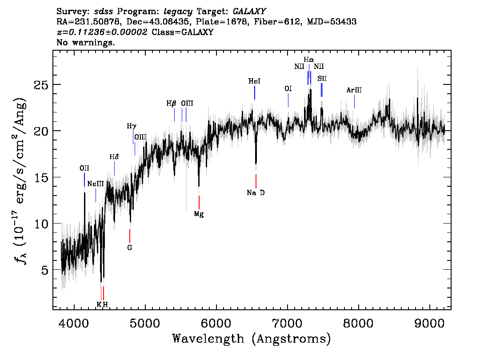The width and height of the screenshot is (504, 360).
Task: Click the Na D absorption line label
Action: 256,193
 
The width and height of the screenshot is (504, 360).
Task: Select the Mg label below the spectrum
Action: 199,214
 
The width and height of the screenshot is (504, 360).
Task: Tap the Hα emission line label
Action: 309,59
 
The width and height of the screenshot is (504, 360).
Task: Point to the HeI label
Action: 254,81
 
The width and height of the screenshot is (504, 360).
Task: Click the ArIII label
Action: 354,90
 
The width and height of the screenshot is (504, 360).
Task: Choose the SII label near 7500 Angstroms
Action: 322,78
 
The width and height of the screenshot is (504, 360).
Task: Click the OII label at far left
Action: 84,168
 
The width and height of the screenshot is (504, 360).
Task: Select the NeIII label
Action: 96,184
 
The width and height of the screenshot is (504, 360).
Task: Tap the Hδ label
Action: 114,157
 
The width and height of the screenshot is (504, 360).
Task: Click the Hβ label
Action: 172,104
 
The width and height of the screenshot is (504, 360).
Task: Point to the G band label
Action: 130,247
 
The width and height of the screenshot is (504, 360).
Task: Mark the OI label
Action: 288,88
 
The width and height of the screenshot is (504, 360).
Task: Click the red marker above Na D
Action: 256,181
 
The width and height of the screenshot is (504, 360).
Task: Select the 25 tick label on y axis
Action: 41,85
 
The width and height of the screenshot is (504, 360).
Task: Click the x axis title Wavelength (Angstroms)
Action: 252,339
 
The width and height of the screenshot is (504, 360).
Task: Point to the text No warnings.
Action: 86,43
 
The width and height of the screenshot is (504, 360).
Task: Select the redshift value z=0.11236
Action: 102,32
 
